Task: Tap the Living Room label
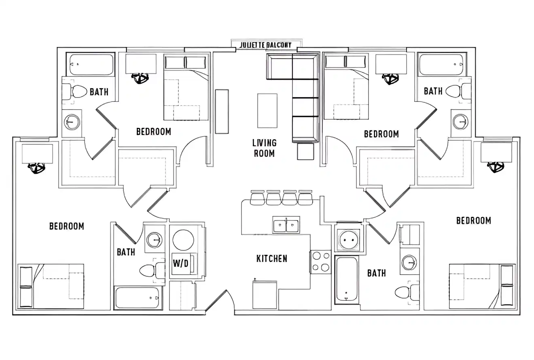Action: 264,148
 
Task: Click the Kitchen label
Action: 272,258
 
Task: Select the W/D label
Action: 180,263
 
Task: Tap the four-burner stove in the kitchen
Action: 321,262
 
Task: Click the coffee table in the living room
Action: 267,110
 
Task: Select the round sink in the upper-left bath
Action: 72,121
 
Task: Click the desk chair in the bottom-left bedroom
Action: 36,167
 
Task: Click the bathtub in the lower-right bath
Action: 347,279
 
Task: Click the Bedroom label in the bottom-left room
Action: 67,226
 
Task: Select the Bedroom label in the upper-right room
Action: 381,134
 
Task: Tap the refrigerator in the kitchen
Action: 265,295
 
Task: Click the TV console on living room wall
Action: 222,112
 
